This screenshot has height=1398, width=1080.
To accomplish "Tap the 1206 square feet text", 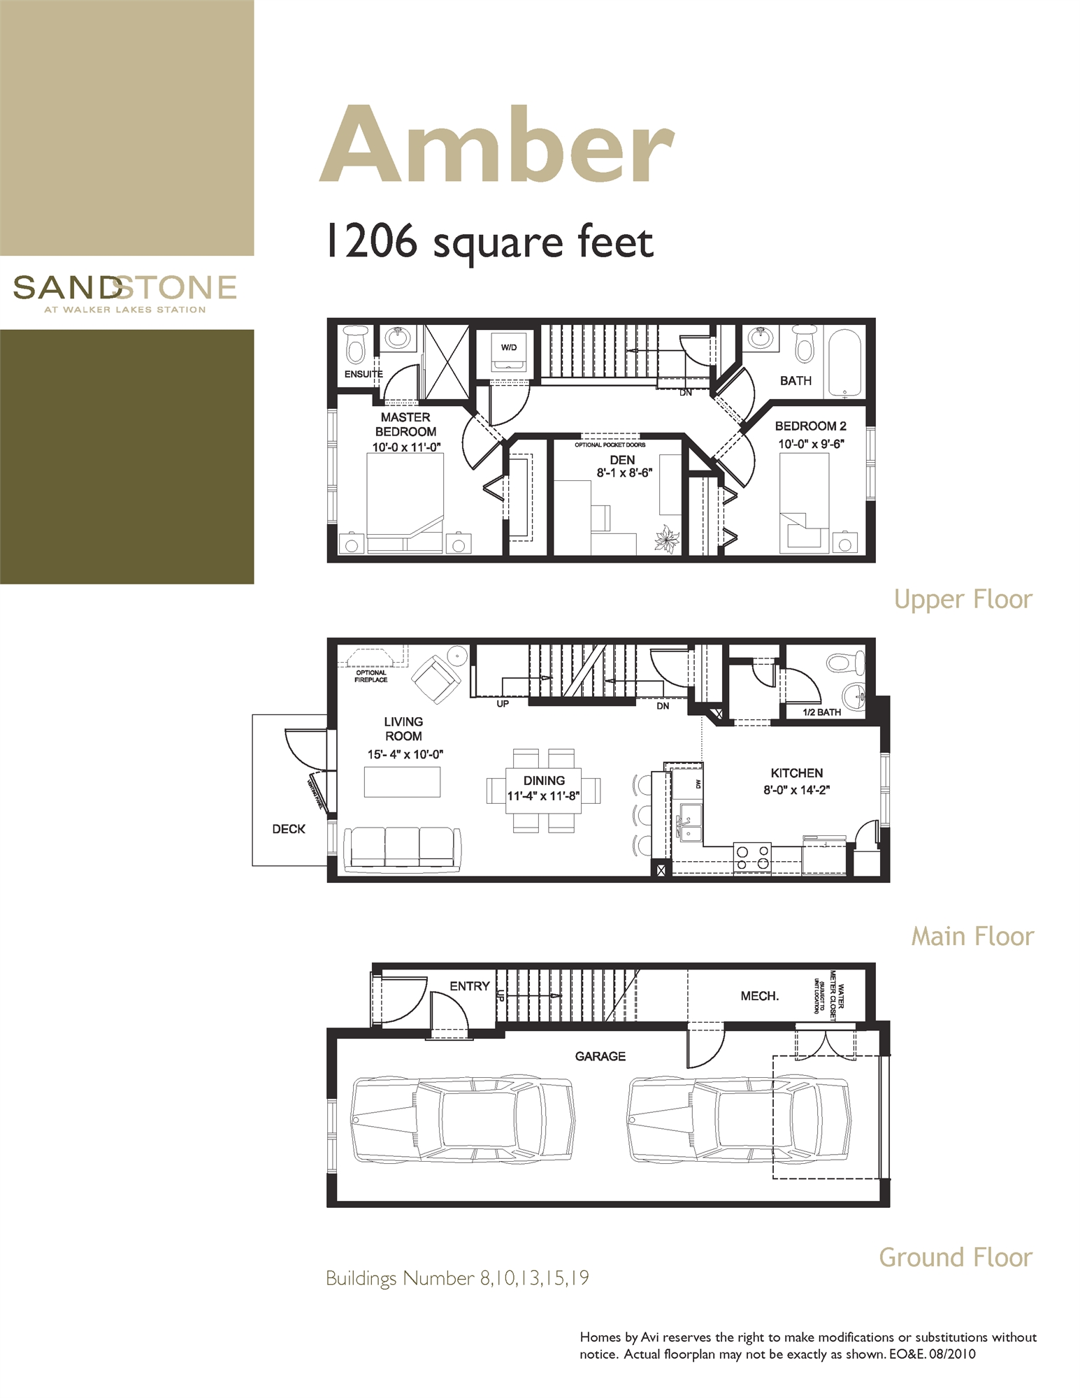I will pyautogui.click(x=489, y=242).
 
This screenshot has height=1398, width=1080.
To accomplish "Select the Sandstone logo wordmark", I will pyautogui.click(x=124, y=288).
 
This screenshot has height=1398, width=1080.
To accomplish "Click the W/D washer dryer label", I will pyautogui.click(x=508, y=347).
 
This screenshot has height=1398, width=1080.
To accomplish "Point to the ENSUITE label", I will pyautogui.click(x=363, y=375).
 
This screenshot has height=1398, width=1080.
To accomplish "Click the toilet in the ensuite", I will pyautogui.click(x=356, y=345).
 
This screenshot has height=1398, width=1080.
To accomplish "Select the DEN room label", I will pyautogui.click(x=621, y=460).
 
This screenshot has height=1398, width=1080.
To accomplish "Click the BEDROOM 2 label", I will pyautogui.click(x=810, y=426).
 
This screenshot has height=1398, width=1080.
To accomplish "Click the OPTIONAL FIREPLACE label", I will pyautogui.click(x=370, y=676).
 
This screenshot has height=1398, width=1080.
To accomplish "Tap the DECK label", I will pyautogui.click(x=289, y=829).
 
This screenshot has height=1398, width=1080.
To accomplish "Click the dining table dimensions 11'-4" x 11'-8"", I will pyautogui.click(x=544, y=795).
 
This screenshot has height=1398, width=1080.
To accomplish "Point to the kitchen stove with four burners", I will pyautogui.click(x=752, y=858).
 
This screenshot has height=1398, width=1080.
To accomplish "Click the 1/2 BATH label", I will pyautogui.click(x=821, y=712).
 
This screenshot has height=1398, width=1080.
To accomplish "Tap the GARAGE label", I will pyautogui.click(x=600, y=1056).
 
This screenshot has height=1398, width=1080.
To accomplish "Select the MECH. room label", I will pyautogui.click(x=759, y=996).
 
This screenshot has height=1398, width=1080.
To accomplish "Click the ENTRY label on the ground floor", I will pyautogui.click(x=469, y=986).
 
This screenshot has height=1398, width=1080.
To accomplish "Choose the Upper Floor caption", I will pyautogui.click(x=963, y=599).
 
